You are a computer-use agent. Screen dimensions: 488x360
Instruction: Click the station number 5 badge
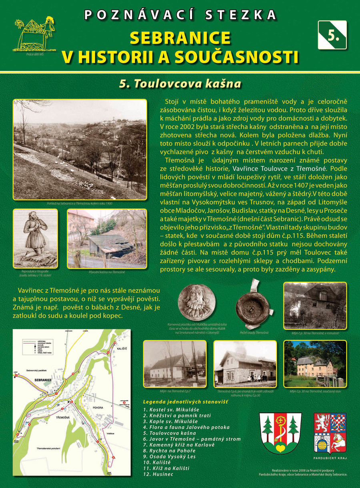pos(332,35)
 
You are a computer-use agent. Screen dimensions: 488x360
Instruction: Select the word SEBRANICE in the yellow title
pos(180,38)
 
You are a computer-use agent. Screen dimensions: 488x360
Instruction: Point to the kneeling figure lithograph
pos(35,238)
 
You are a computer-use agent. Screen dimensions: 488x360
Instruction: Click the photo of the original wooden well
pos(106,238)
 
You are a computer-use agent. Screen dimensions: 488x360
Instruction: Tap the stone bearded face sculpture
pos(197,301)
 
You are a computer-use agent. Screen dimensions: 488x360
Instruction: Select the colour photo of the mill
pos(315,364)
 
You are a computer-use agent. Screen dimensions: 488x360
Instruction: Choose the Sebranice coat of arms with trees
pos(280,433)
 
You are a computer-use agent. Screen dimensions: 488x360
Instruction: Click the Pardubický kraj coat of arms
pos(330,433)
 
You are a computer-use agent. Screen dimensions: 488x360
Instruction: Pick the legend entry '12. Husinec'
pos(158,474)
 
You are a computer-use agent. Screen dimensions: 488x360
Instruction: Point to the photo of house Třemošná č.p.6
pos(245,363)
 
